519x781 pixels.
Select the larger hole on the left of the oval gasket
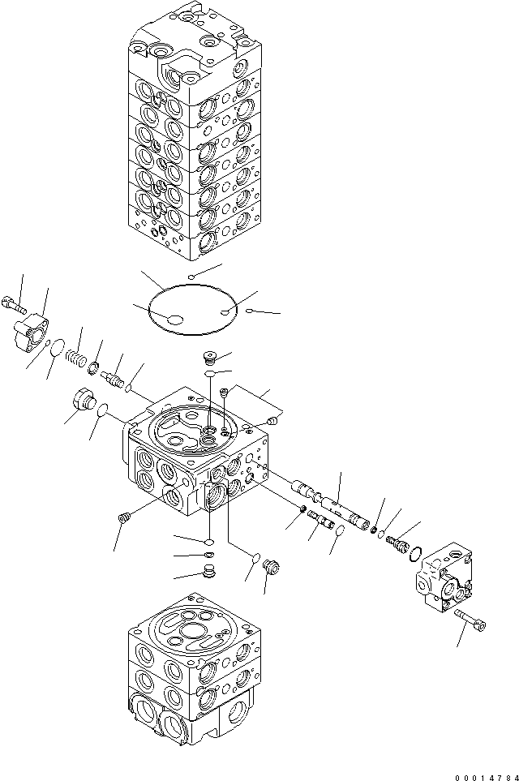[174, 323]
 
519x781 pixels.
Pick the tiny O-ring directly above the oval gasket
[191, 277]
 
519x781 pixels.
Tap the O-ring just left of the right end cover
[414, 555]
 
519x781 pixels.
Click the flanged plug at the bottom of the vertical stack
[208, 573]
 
